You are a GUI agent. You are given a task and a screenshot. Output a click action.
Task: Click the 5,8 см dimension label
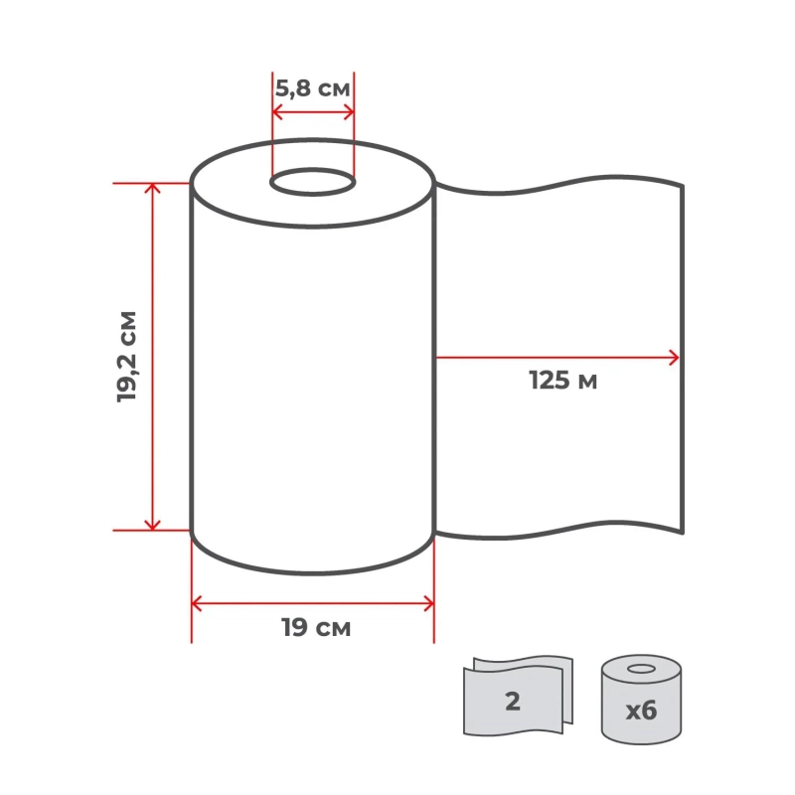tap(312, 88)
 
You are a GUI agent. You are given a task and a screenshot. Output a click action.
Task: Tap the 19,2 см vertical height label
tap(127, 357)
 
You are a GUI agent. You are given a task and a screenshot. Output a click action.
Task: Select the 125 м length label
tap(562, 381)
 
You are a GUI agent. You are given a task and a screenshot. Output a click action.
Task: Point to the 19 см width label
tap(316, 628)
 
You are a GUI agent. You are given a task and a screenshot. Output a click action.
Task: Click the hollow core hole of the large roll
tap(312, 182)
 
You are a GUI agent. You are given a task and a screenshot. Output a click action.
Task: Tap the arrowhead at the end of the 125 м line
tap(675, 358)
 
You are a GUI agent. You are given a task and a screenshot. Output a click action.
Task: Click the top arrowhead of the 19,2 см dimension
tap(152, 188)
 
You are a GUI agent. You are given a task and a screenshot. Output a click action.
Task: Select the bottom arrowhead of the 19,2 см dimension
tap(152, 525)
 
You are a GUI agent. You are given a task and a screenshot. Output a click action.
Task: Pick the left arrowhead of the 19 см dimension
tap(197, 604)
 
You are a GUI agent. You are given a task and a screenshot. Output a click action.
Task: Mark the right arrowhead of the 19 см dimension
tap(429, 604)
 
